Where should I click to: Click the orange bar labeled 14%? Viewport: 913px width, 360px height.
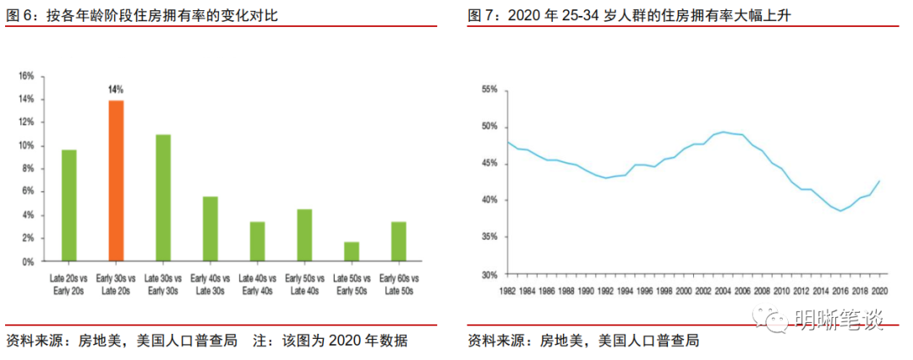(116, 181)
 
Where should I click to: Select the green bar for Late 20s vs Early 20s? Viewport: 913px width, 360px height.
(69, 205)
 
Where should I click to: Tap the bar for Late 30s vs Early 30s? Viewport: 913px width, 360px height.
(163, 198)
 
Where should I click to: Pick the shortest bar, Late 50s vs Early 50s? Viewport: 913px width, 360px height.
(352, 252)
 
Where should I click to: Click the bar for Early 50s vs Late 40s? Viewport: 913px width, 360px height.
(304, 235)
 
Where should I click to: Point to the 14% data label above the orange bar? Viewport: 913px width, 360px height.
(116, 89)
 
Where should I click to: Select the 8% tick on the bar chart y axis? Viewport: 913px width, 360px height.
(28, 169)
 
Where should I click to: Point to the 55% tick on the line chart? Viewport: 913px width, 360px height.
(489, 89)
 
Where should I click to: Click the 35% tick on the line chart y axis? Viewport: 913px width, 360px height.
(489, 237)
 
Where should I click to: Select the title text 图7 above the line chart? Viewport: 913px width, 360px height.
(481, 16)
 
